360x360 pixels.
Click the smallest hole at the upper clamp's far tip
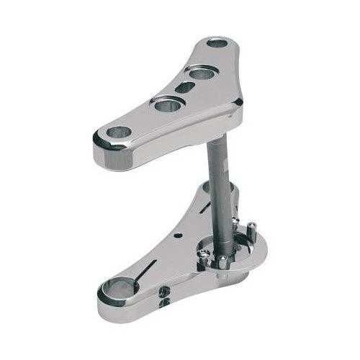[217, 42]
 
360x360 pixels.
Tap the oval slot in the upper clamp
[185, 87]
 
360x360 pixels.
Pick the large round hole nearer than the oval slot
[166, 105]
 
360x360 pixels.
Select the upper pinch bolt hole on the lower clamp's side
[165, 290]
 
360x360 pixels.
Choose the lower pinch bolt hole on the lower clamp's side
[163, 302]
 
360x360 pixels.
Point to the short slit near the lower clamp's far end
[206, 207]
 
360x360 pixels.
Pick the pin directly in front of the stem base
[222, 261]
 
